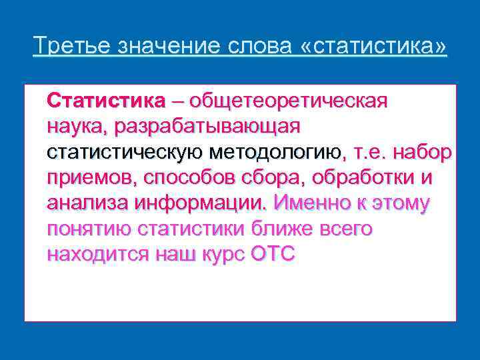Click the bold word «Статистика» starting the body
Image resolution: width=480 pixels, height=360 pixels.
(105, 101)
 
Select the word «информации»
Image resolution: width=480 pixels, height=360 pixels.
(202, 203)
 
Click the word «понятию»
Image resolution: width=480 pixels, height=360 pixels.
(88, 229)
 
